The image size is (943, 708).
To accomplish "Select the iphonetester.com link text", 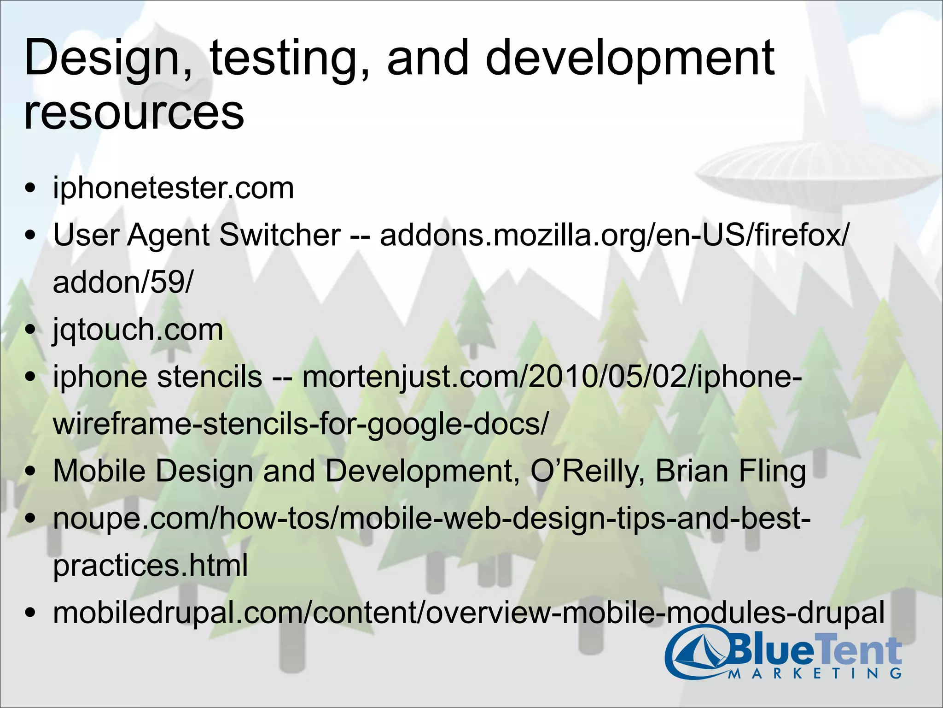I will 173,188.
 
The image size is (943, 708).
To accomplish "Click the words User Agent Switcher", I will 197,235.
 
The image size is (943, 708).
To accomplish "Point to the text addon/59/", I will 123,282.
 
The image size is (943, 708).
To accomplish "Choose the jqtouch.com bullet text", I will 138,330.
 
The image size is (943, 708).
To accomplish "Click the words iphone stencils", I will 157,377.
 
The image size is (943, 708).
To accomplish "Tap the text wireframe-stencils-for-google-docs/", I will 301,424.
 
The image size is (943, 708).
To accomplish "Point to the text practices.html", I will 150,566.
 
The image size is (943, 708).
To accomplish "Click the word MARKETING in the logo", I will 815,673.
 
